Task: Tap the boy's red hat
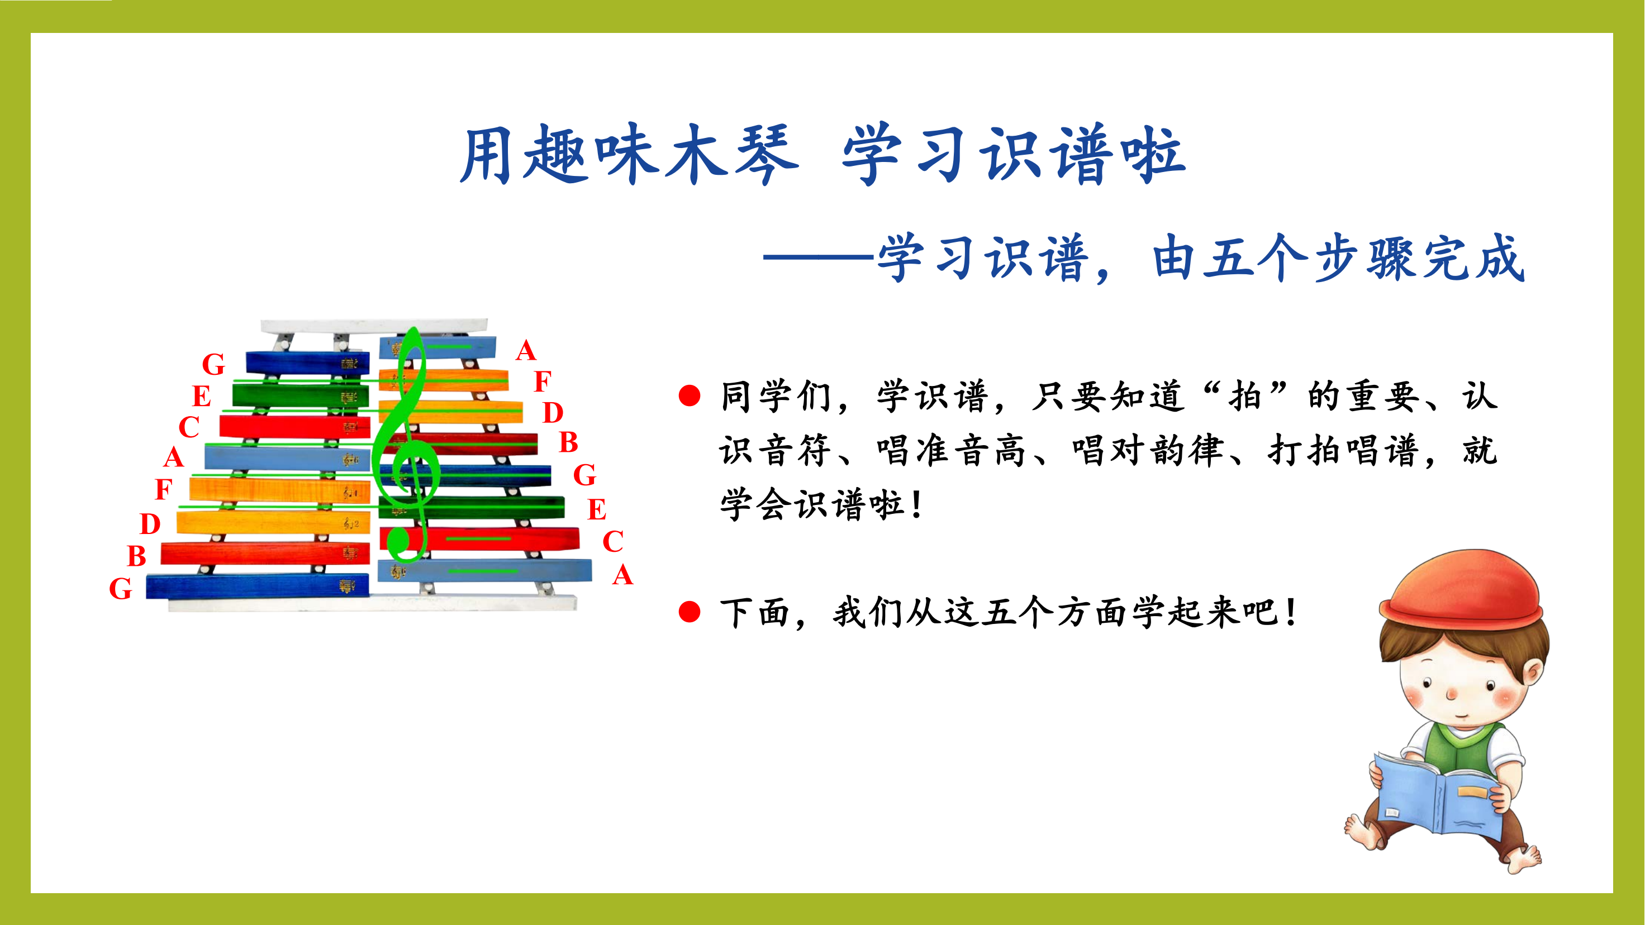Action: [1461, 590]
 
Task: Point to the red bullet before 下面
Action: [690, 612]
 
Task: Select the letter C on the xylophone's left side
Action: [188, 426]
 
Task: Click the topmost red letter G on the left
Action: [213, 364]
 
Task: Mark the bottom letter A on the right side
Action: [622, 575]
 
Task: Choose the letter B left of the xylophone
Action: [137, 555]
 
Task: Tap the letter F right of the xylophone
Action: [542, 381]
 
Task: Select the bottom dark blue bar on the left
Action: [258, 586]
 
